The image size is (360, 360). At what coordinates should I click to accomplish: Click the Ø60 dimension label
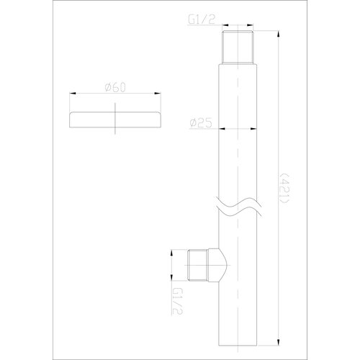point(115,88)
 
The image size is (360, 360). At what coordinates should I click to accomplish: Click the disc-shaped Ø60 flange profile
point(115,120)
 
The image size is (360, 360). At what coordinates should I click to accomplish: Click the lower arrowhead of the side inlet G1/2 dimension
point(173,279)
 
